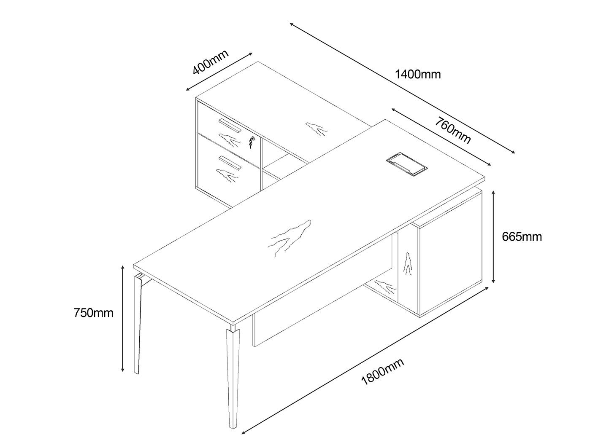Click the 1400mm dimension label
tap(417, 75)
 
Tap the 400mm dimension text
tap(210, 62)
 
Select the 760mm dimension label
tap(453, 131)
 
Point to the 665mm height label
tap(522, 237)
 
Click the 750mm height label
tap(93, 313)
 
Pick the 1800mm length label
tap(382, 372)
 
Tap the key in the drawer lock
tap(251, 142)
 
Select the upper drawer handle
tap(230, 125)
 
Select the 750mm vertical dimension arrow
tap(122, 319)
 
